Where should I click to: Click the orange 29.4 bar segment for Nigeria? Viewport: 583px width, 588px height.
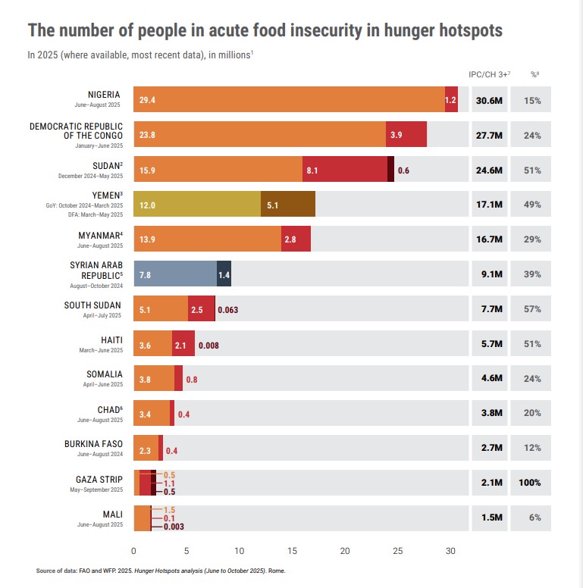(x=289, y=100)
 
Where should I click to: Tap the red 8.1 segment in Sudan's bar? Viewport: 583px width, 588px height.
(x=344, y=170)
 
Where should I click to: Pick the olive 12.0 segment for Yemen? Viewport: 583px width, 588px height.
(x=196, y=205)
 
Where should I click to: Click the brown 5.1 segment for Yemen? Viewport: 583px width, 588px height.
(x=287, y=205)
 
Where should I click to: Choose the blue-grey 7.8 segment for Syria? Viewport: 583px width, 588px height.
(x=175, y=274)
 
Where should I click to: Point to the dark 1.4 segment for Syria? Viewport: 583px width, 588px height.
(x=224, y=274)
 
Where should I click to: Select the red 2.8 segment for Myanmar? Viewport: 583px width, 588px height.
(x=295, y=239)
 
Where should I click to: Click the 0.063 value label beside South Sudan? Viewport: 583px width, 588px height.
(x=228, y=309)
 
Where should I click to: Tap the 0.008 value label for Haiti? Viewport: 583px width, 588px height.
(x=208, y=345)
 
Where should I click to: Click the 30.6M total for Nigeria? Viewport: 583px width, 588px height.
(x=489, y=100)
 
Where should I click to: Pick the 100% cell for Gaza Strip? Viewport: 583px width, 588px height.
(x=534, y=483)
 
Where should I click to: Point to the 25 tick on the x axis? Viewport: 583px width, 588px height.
(x=397, y=551)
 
